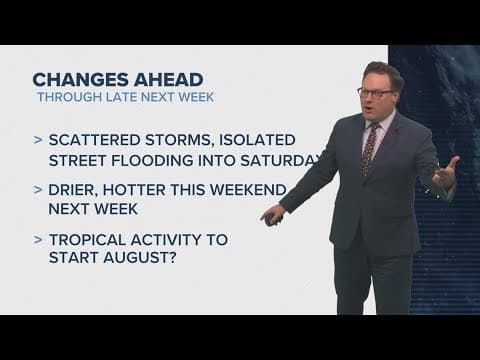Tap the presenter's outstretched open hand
tap(446, 176)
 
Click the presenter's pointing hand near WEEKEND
tap(271, 213)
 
